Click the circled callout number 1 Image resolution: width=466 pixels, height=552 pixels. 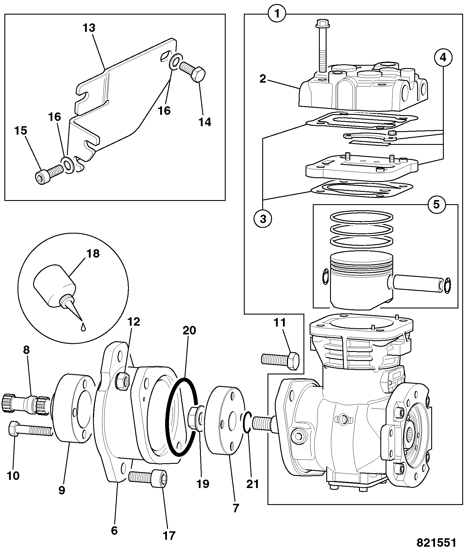tap(277, 14)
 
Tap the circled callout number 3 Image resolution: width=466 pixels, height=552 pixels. tap(263, 219)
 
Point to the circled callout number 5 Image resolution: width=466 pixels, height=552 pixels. tap(436, 204)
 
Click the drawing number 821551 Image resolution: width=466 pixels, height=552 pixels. tap(436, 543)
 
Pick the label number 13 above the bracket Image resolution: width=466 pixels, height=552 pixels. tap(89, 28)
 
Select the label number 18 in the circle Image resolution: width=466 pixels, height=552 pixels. tap(93, 254)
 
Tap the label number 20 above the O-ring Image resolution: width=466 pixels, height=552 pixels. tap(189, 330)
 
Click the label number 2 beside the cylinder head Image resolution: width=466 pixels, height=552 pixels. tap(263, 79)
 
